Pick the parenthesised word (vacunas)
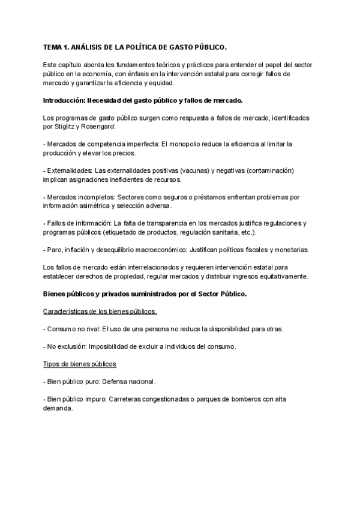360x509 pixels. (194, 171)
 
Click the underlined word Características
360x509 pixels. (68, 312)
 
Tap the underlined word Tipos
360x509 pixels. (52, 364)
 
